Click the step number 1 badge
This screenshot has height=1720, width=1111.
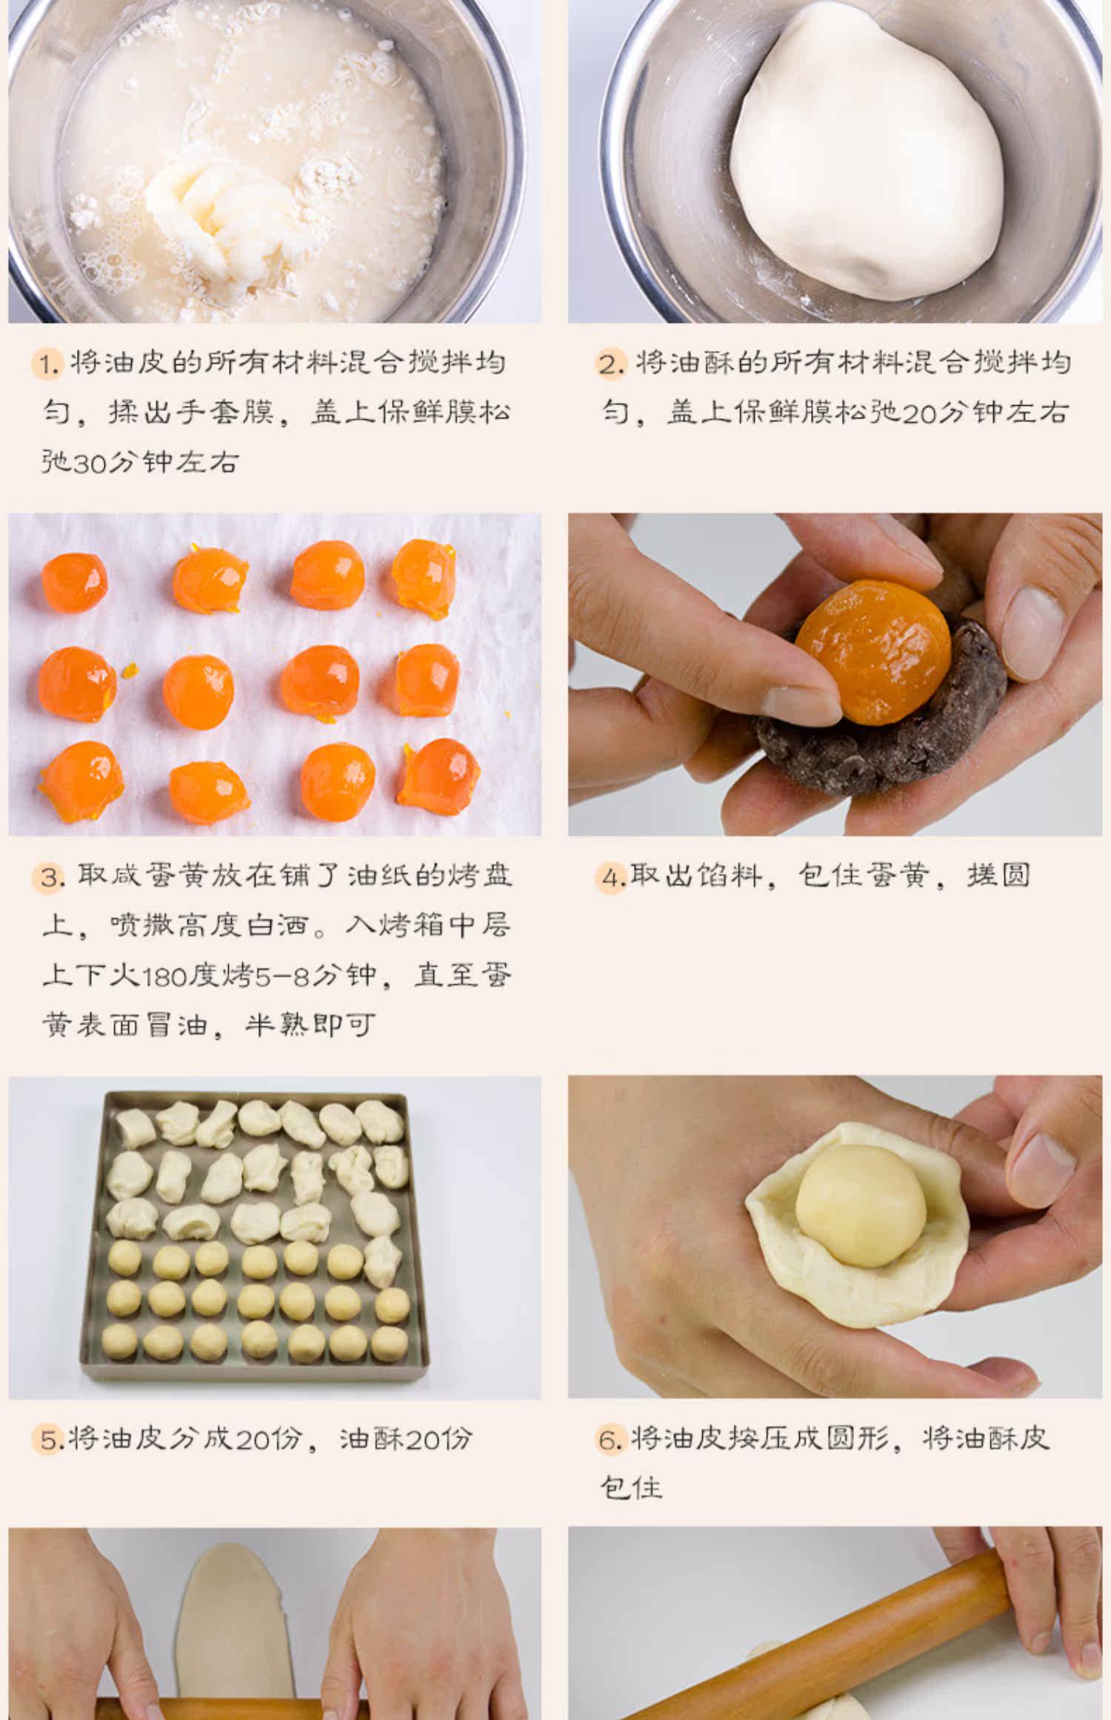48,364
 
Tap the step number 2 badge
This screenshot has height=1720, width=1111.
612,364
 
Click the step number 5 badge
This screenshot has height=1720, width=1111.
48,1440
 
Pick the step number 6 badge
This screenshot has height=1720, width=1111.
612,1440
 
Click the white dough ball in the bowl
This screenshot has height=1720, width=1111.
867,152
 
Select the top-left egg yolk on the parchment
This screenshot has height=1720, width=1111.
74,582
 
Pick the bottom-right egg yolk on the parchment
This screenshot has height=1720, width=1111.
438,777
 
